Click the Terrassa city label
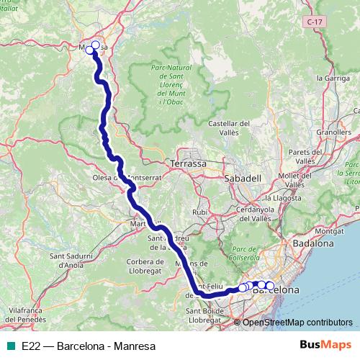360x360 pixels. click(x=189, y=163)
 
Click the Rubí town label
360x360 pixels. click(x=199, y=212)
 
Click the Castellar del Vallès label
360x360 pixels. click(x=228, y=128)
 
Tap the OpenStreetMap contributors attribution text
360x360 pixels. click(x=297, y=323)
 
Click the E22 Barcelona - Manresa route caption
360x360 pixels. click(x=89, y=346)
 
